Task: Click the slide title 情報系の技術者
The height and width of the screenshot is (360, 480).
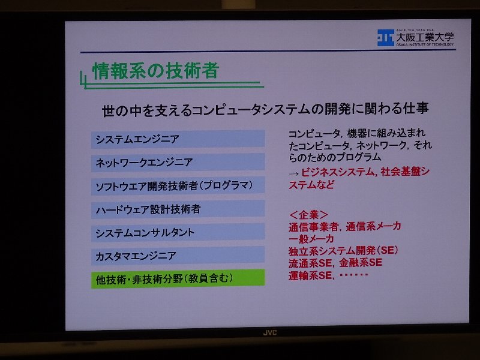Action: [155, 71]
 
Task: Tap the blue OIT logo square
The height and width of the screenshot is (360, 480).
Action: [385, 38]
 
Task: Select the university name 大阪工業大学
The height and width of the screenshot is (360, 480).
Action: [425, 37]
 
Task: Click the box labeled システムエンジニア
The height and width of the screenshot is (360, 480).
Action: [178, 139]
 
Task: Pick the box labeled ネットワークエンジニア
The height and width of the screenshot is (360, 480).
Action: [178, 162]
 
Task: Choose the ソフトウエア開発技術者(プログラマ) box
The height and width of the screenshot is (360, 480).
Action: [178, 185]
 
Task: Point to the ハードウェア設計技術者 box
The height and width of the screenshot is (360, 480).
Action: [178, 209]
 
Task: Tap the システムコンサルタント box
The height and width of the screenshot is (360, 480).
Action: [178, 232]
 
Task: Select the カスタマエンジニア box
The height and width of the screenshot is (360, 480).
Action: [178, 256]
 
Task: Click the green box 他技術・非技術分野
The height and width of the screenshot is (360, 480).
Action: [178, 278]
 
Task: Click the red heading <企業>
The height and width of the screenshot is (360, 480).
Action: [308, 215]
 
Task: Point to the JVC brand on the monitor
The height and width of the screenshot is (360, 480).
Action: [269, 333]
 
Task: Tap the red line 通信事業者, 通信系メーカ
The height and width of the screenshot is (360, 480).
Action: [344, 227]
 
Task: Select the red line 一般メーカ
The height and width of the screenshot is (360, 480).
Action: [311, 238]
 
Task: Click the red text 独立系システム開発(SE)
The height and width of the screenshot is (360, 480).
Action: [343, 251]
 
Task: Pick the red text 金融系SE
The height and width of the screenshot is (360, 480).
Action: [361, 263]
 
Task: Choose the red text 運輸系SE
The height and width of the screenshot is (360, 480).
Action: [310, 275]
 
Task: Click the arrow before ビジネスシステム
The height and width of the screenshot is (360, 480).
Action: [293, 174]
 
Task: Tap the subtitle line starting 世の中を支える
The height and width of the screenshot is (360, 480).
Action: [265, 109]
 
